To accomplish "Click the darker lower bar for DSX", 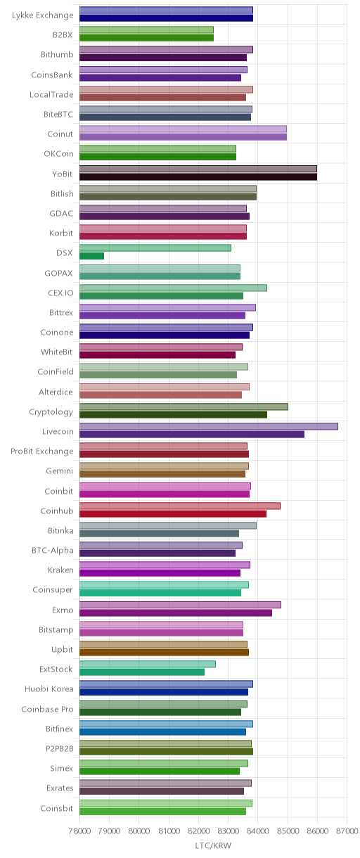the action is coord(92,256).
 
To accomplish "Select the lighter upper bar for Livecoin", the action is coord(209,426).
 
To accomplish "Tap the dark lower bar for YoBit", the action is coord(198,177).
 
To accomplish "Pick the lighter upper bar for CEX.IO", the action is coord(173,288).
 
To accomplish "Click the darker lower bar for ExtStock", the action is coord(142,672).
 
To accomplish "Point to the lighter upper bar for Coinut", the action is coord(183,129).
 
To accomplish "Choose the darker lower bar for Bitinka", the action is coord(160,534).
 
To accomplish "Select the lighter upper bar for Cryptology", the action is coord(184,406).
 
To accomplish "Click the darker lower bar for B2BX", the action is coord(147,37).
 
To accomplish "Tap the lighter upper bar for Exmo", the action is coord(181,605).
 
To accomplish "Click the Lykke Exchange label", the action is coord(42,15).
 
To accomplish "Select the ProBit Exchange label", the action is coord(41,452).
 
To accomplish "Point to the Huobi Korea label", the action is coord(49,689).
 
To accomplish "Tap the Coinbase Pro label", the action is coord(47,709).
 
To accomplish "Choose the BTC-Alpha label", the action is coord(53,551).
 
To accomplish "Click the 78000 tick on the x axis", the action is coord(79,831).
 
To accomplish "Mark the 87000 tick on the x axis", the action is coord(347,831).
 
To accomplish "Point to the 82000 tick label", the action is coord(198,831).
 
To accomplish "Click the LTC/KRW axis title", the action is coord(213,845).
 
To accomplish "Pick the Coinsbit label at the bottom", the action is coord(57,808).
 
